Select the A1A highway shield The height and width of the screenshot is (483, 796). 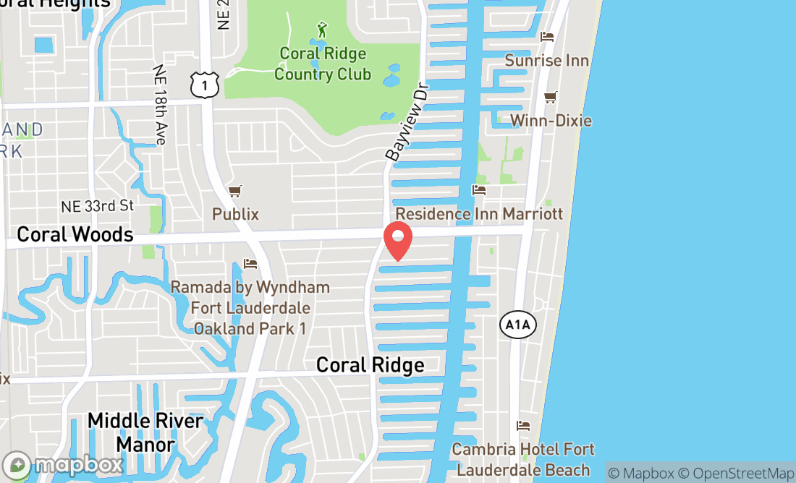pos(518,325)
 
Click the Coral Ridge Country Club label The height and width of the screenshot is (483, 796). pos(323,64)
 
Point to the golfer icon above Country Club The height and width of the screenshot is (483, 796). pos(323,30)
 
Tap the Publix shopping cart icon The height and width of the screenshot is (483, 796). pos(234,192)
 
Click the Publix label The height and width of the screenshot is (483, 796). pos(235,214)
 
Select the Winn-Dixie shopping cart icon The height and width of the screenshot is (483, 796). pos(551,97)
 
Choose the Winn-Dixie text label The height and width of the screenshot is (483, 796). pos(551,120)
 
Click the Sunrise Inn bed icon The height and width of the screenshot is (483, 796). pos(547,36)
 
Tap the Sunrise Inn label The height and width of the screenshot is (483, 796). pos(547,60)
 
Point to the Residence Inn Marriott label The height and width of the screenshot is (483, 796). pos(479,214)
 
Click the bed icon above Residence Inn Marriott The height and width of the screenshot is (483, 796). pos(478,191)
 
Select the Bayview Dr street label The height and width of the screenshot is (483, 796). pos(407,121)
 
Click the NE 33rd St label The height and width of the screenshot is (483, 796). pos(98,206)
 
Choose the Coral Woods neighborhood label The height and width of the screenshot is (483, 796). pos(75,234)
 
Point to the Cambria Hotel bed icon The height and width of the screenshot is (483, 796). pos(523,426)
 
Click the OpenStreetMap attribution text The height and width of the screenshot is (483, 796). pos(743,474)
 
